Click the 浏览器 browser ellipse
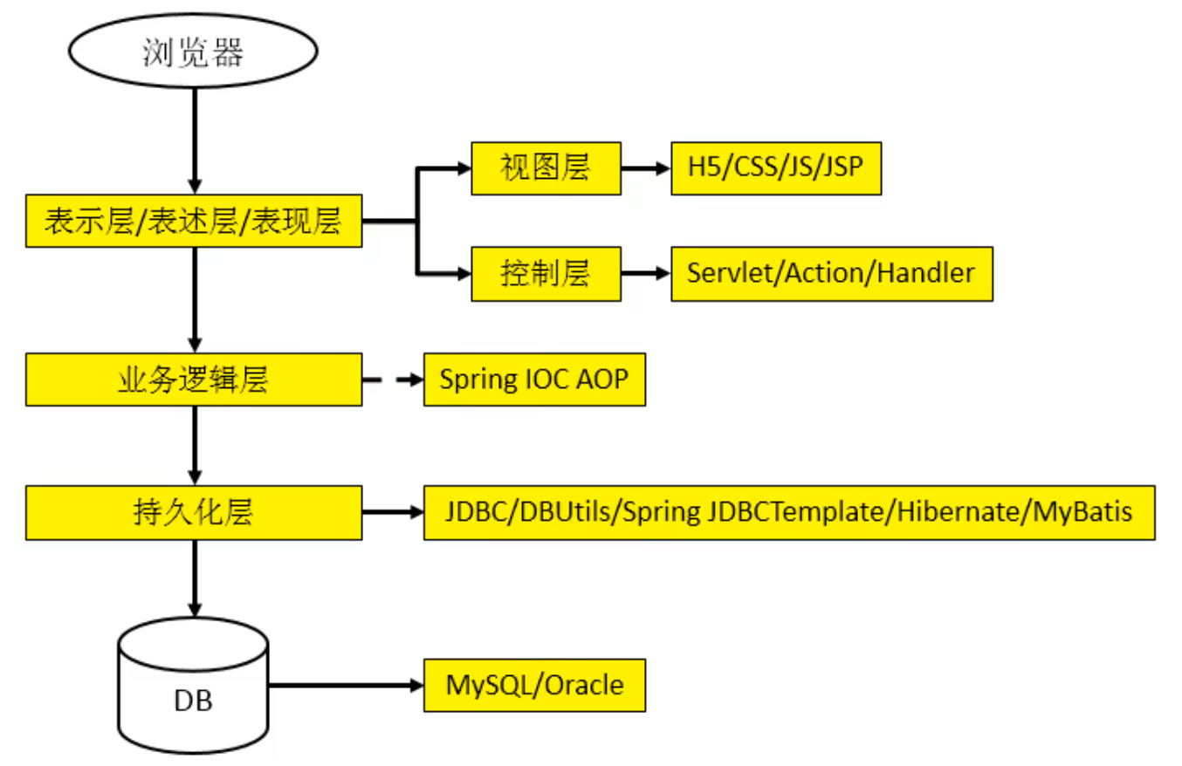193,51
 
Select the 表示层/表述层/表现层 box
194,221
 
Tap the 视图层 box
546,168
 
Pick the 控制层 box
546,274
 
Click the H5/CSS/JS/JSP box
776,168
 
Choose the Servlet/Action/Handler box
832,274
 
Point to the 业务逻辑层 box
194,380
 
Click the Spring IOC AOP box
534,380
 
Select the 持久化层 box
194,512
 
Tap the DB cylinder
193,686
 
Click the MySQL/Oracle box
534,686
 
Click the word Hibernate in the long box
958,511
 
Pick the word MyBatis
1082,512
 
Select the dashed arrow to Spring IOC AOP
393,380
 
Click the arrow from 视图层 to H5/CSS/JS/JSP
646,168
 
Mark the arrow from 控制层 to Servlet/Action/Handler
646,274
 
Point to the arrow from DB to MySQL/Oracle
347,686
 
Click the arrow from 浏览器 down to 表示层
196,141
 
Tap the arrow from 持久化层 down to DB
196,578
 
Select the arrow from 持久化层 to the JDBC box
393,512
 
